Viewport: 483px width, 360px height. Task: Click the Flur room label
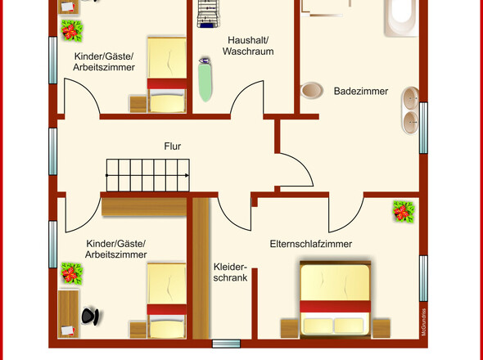point(172,146)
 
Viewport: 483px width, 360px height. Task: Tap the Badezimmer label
point(361,91)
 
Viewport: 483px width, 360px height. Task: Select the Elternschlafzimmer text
point(311,244)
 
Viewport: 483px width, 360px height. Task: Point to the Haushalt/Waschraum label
point(248,46)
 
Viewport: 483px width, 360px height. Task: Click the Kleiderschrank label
point(230,272)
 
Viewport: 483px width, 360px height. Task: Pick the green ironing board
point(205,79)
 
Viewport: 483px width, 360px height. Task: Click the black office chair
point(90,317)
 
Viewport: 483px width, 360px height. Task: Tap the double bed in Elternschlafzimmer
point(335,299)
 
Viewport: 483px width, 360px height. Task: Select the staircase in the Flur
point(148,175)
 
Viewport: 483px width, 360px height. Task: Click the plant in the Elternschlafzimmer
point(404,212)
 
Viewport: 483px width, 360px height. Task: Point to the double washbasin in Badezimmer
point(410,111)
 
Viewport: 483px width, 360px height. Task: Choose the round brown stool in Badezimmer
point(311,90)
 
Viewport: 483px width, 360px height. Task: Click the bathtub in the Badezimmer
point(401,18)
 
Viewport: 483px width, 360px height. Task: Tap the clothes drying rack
point(208,14)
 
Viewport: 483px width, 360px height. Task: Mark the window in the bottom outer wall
point(227,344)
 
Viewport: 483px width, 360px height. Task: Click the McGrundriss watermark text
point(424,322)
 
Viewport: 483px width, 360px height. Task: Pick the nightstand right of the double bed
point(381,328)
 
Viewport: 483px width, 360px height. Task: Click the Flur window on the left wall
point(53,151)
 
